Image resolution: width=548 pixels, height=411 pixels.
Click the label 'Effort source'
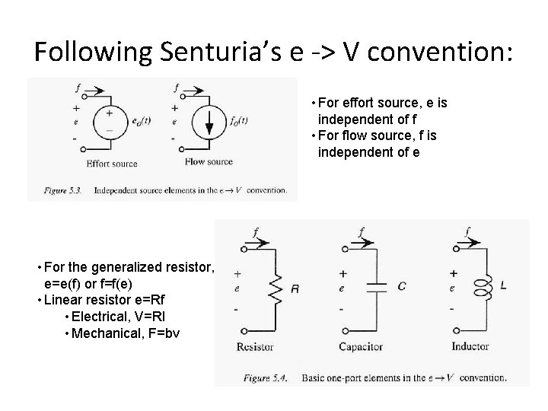tap(112, 162)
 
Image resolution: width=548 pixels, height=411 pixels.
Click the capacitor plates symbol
tap(377, 287)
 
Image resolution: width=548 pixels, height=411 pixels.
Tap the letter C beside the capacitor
tap(401, 287)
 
